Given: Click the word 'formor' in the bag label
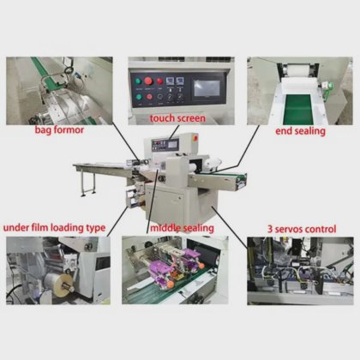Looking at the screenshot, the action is [69, 129].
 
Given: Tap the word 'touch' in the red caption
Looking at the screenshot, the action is [162, 118].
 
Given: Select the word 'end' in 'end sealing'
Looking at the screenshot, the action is [282, 131].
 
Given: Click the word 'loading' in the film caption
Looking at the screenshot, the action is [67, 228].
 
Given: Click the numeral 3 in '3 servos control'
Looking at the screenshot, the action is [270, 229].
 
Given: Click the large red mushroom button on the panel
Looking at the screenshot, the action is [148, 81].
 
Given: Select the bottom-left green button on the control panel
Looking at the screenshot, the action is [139, 97].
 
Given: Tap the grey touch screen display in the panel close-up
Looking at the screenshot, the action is [207, 88].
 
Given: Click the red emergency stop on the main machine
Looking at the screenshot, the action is [195, 138].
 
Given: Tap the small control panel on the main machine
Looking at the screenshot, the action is [165, 144].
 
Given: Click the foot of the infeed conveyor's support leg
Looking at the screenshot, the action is [83, 195].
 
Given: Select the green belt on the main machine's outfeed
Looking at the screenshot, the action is [224, 173].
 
